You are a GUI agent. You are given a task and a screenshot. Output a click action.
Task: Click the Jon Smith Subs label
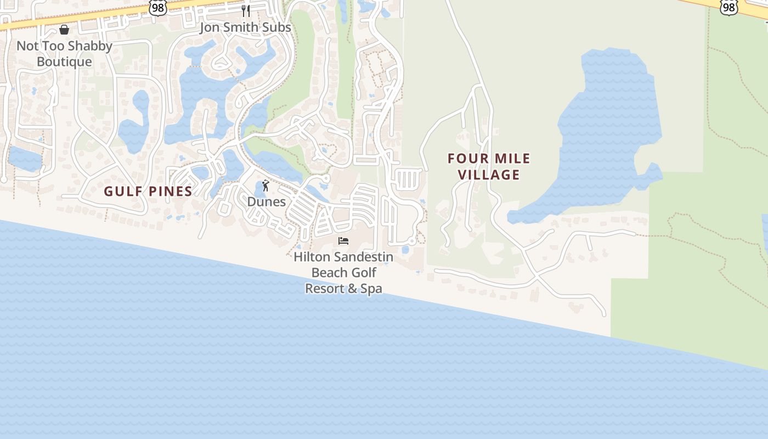click(245, 27)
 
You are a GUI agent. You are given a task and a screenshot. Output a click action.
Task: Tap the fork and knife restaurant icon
click(246, 10)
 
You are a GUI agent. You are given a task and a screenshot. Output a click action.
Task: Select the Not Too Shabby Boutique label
click(64, 54)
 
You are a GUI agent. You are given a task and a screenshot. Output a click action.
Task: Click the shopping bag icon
click(64, 30)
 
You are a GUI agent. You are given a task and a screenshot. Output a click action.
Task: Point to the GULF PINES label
click(148, 192)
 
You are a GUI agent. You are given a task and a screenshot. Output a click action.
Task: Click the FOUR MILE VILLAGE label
click(489, 167)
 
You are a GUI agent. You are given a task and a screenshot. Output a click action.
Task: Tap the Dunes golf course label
click(266, 201)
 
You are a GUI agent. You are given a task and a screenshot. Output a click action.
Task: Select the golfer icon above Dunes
click(266, 185)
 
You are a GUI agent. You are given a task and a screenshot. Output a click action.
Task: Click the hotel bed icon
click(343, 241)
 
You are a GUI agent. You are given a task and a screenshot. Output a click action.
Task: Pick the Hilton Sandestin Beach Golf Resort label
click(343, 272)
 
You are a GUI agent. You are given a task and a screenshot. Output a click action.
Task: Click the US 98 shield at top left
click(157, 7)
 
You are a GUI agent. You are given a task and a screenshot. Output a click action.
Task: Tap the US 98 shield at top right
click(729, 6)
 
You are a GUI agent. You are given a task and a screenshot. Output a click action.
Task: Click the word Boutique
click(64, 61)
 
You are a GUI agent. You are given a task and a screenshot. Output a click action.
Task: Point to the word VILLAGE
click(489, 175)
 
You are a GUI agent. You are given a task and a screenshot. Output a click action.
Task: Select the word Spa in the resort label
click(371, 289)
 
